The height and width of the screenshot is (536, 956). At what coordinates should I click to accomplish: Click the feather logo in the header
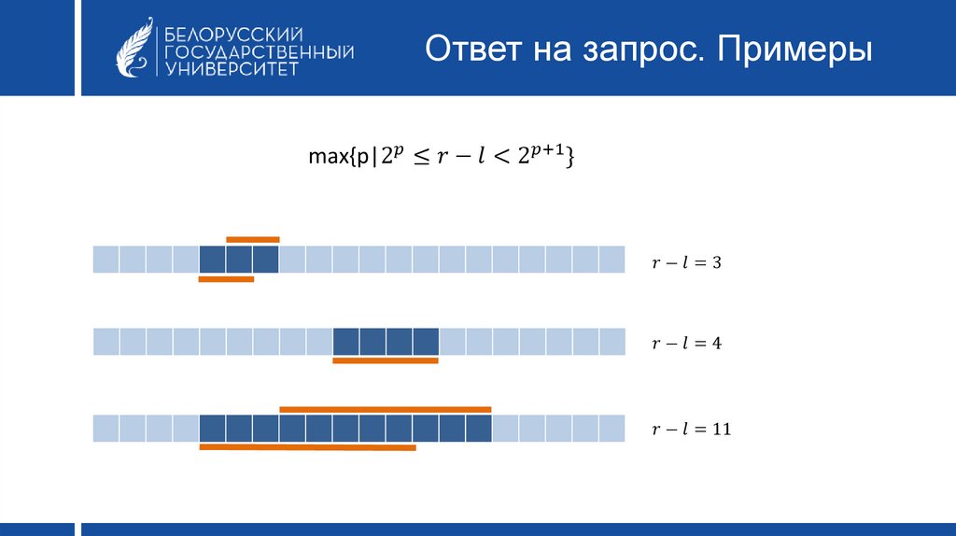pos(134,48)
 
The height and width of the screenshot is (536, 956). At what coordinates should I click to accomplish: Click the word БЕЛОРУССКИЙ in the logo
pos(233,35)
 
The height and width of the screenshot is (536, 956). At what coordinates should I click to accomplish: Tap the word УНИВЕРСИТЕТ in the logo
pos(232,68)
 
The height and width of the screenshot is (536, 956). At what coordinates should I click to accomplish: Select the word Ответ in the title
pos(473,49)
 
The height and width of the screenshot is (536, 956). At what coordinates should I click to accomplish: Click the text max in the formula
pos(328,157)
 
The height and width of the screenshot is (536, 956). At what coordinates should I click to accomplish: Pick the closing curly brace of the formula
pos(570,157)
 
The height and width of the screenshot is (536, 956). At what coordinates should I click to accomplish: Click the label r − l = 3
pos(686,262)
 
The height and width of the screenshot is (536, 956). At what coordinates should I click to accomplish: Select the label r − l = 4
pos(686,344)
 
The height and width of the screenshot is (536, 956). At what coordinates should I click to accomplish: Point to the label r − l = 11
pos(692,430)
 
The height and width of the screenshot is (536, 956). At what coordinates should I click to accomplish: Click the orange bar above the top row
pos(252,240)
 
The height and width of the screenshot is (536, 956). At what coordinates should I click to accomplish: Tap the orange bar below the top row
pos(226,279)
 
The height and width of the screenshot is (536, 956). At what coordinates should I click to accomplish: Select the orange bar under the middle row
pos(386,360)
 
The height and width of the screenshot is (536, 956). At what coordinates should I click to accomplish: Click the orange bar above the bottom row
pos(386,410)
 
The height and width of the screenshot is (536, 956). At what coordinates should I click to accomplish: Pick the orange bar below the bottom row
pos(307,447)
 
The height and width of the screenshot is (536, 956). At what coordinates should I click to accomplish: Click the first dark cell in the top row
pos(212,260)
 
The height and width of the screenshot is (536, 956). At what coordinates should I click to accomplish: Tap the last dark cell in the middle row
pos(426,342)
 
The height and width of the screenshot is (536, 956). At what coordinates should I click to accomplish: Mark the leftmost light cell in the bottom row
pos(105,428)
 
